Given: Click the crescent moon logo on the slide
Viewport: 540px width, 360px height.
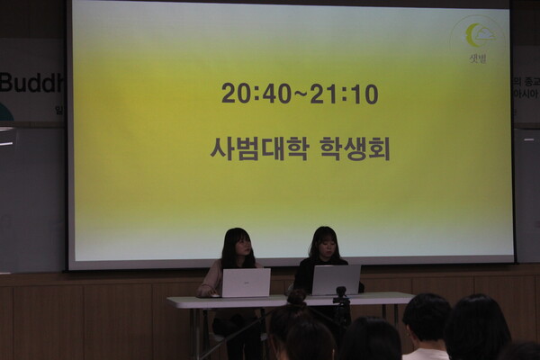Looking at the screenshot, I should pos(476,35).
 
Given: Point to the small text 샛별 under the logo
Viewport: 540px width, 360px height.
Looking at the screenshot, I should pos(477,58).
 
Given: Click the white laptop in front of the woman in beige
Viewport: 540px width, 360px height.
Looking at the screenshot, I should pos(245,283).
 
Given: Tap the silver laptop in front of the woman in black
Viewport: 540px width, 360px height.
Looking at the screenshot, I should pos(336,280).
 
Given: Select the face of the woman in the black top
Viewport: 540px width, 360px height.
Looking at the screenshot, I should pos(326,245).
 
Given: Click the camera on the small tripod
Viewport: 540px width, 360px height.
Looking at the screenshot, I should pos(341,293).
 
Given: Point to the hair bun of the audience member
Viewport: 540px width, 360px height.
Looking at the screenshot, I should pos(296,298).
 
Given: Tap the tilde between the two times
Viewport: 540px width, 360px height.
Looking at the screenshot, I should pos(301,94).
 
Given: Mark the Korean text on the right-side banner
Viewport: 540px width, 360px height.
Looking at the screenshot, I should pos(526,86).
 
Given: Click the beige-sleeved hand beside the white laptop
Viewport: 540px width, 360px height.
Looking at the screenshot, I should pos(208,290).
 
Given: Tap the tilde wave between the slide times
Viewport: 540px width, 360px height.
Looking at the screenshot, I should pos(301,94).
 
